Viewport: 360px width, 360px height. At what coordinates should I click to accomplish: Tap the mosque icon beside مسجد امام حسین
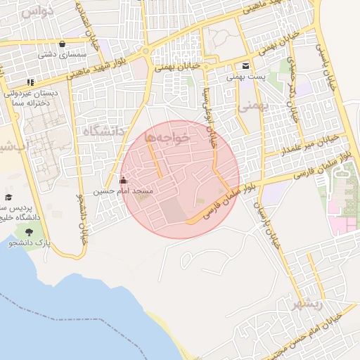(x=124, y=181)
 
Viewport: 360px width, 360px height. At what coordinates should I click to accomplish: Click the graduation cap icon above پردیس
(x=8, y=198)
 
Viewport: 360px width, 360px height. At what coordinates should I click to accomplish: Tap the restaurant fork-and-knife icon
(x=30, y=82)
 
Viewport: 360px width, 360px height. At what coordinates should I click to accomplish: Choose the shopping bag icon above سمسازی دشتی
(x=64, y=43)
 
